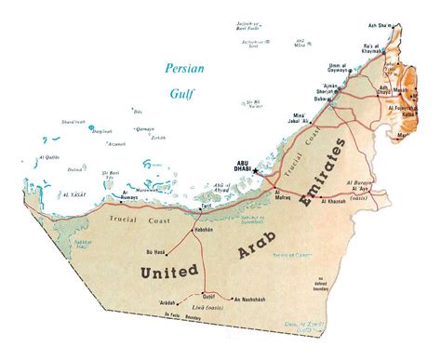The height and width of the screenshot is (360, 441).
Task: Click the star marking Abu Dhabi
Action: [x=258, y=171]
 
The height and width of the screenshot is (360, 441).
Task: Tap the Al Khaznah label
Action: [x=337, y=201]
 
